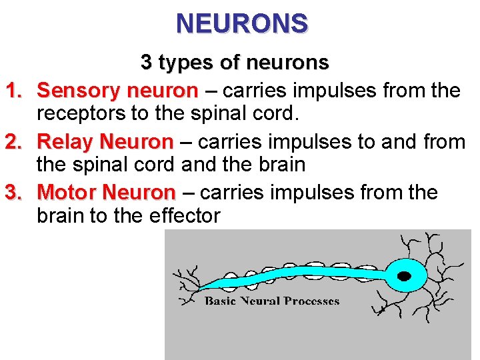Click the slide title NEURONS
(242, 23)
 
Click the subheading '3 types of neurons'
(235, 63)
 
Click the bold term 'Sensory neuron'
(117, 89)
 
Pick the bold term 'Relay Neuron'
(105, 141)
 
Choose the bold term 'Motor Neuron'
(106, 193)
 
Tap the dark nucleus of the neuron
(403, 275)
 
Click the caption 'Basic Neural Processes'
(272, 301)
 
